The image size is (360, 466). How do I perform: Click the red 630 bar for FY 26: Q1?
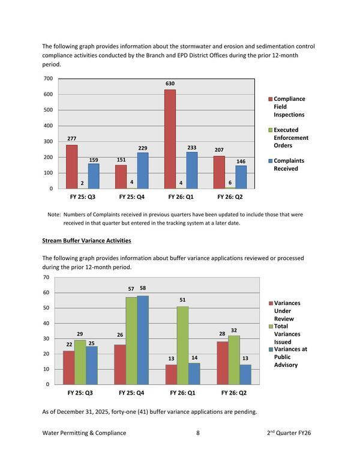[x=170, y=139]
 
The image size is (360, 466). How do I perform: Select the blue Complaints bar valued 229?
[x=143, y=171]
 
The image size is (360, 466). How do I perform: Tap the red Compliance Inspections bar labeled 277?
[x=72, y=167]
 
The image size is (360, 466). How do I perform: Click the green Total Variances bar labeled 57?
[x=131, y=340]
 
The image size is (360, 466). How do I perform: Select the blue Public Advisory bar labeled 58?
[x=143, y=340]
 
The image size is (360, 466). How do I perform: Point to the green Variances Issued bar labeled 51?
[x=182, y=345]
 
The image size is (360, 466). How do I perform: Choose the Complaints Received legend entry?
[x=290, y=165]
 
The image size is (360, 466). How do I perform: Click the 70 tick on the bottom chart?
[x=46, y=277]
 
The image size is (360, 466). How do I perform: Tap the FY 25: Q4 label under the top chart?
[x=133, y=197]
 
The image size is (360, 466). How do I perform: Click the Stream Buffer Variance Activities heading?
[x=86, y=241]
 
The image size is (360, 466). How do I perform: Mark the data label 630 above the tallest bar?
[x=170, y=83]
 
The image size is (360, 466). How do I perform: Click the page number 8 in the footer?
[x=198, y=433]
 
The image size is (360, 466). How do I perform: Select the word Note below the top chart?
[x=53, y=214]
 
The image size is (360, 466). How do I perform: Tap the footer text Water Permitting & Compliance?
[x=85, y=433]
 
